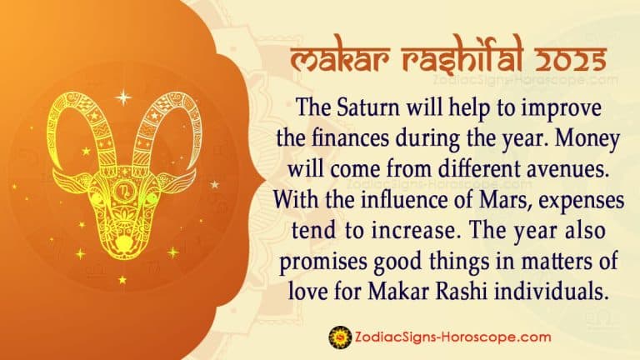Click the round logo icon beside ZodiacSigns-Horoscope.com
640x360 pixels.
click(338, 336)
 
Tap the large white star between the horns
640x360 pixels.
click(122, 97)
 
